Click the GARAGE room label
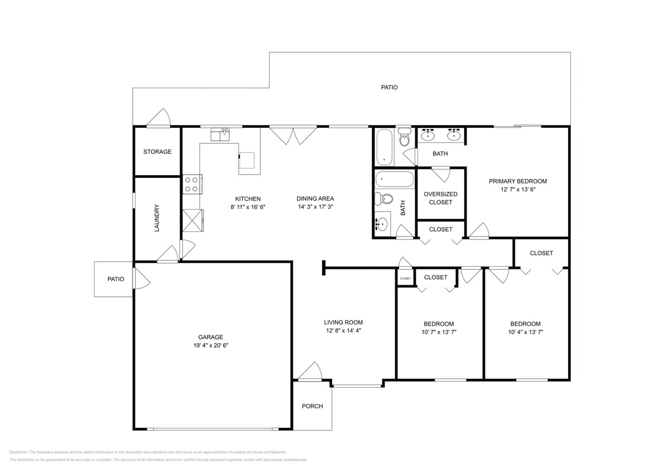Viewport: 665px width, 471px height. pos(211,337)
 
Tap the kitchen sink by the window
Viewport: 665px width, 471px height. pos(220,134)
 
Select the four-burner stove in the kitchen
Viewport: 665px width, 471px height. pos(192,184)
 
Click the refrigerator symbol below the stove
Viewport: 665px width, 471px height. pos(193,219)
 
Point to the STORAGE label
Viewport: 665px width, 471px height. pos(157,152)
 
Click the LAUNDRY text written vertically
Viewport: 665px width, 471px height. pos(157,218)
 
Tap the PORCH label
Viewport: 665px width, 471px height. pos(312,406)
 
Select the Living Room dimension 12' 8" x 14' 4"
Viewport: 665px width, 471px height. pos(343,330)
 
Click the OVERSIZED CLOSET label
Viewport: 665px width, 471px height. pos(440,198)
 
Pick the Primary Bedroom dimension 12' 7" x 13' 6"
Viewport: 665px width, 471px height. pos(517,189)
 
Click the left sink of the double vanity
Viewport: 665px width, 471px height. pos(428,134)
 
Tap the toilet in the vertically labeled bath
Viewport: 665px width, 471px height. pos(384,199)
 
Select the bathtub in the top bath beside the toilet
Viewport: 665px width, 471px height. pos(384,147)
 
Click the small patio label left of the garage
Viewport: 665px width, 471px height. pos(115,279)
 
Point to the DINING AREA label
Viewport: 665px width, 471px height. pos(315,199)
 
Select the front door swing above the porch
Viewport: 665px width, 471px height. pos(310,372)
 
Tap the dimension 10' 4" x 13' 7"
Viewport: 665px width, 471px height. pos(525,332)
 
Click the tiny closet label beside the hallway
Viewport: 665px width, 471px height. pos(405,278)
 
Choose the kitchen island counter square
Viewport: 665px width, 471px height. pos(247,160)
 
